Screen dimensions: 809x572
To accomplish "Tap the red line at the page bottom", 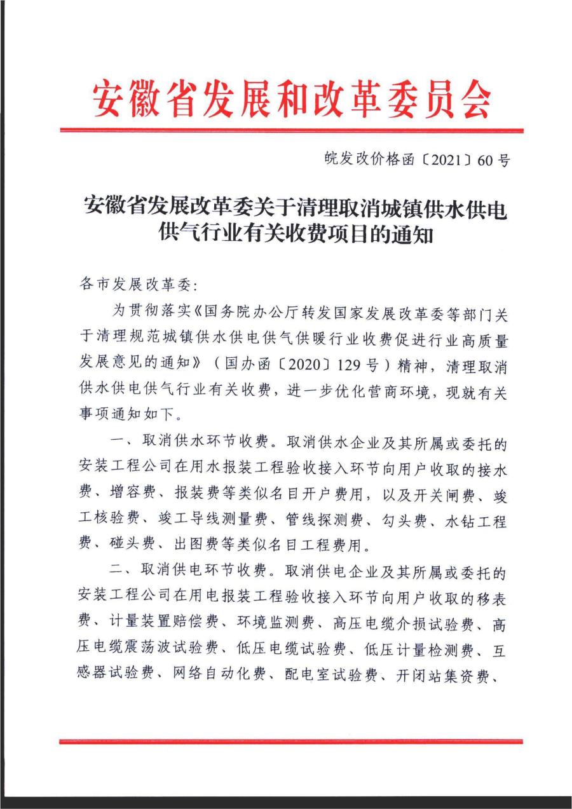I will coord(292,741).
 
